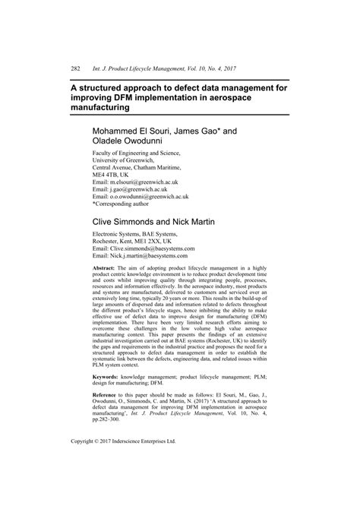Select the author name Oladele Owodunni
click(x=129, y=141)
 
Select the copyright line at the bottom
click(x=112, y=462)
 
